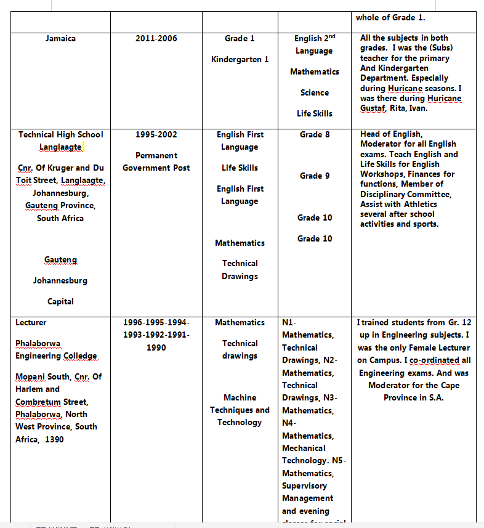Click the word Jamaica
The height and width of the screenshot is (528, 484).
60,38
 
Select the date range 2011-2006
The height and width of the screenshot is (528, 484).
156,38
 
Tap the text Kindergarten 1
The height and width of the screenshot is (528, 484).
240,59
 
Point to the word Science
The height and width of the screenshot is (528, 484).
314,92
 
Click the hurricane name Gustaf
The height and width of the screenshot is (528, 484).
372,108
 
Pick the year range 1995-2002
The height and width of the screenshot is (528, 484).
156,134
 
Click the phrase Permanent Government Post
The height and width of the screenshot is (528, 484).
156,161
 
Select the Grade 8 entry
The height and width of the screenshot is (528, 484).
314,134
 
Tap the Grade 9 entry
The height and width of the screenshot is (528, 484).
314,176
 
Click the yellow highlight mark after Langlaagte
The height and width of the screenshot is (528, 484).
83,147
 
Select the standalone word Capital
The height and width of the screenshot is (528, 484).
60,301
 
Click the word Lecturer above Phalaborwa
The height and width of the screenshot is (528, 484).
31,322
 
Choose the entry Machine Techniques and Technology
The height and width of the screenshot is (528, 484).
240,410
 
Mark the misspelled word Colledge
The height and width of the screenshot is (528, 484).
79,355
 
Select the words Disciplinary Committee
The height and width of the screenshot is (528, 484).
405,194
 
